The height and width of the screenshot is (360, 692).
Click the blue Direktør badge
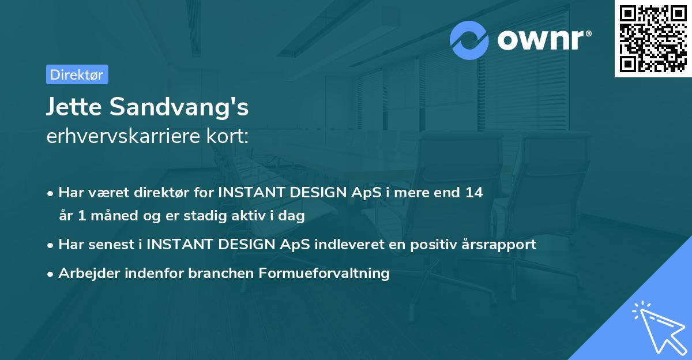tap(77, 74)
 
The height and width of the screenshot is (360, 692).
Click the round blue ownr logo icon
tap(469, 40)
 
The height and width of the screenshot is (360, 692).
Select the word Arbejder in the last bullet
tap(84, 273)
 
